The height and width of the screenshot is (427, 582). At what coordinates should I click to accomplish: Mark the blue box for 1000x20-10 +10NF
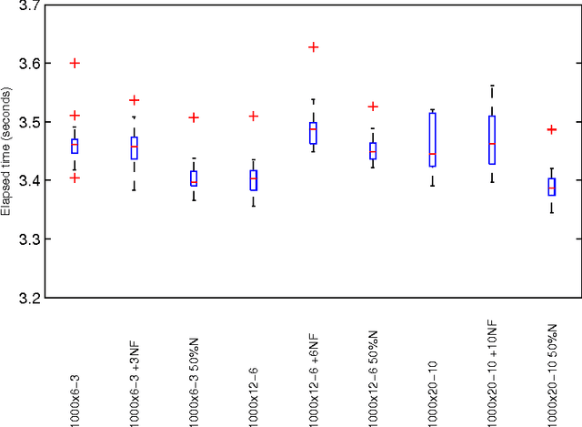(492, 139)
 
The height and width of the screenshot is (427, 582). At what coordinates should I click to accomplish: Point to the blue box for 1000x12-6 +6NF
(314, 133)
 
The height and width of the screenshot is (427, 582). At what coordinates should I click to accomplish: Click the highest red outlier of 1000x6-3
(75, 63)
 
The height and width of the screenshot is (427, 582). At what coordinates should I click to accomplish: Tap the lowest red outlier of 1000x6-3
(75, 178)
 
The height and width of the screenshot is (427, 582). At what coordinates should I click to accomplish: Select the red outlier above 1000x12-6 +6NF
(314, 46)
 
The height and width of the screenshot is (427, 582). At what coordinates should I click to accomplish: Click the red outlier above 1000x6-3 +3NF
(135, 100)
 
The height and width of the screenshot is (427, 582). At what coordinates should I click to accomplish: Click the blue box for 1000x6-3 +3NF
(135, 147)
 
